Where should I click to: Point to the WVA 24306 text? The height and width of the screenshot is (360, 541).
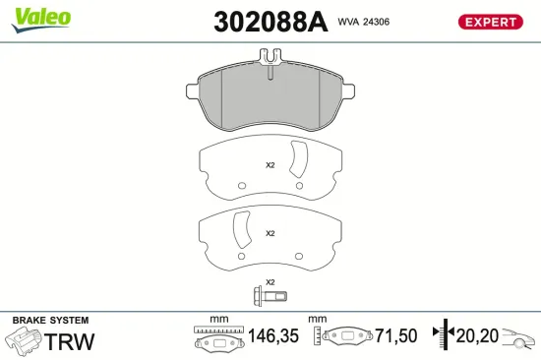point(364,21)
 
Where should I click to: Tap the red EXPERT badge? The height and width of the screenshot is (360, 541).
point(489,21)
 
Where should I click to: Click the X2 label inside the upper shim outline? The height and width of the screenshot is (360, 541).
point(270,165)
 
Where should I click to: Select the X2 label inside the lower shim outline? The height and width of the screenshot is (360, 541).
point(270,233)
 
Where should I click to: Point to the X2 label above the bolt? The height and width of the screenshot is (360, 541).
point(270,282)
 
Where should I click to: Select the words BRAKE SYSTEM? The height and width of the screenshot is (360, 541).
point(50,321)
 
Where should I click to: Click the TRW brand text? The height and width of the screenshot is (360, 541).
point(72,341)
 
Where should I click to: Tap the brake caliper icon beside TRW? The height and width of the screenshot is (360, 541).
point(25,341)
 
